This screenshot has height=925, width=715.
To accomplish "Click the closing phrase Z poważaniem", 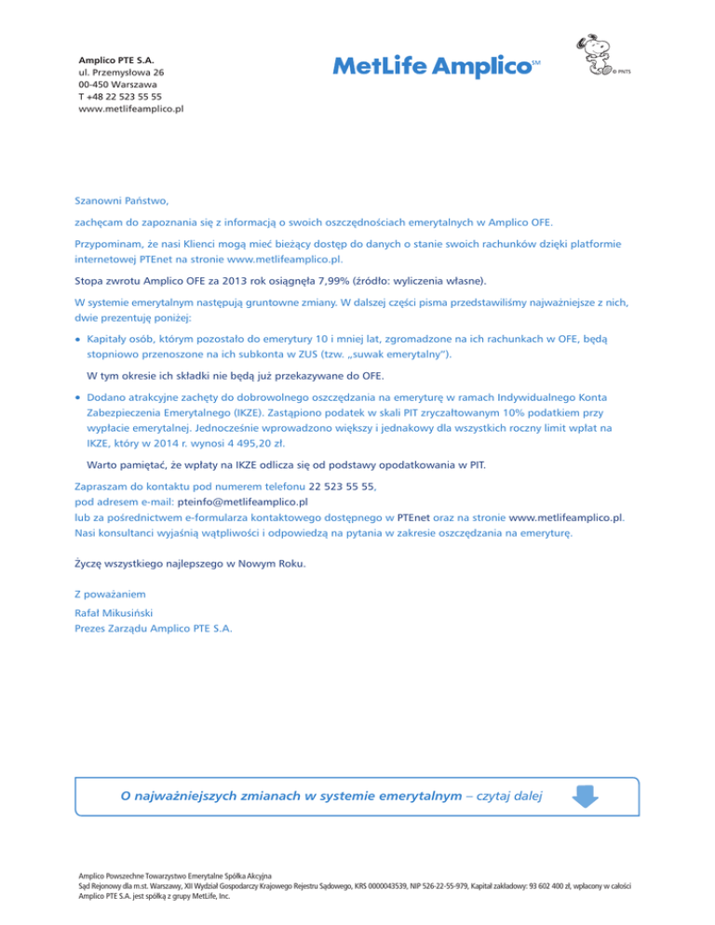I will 110,593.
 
